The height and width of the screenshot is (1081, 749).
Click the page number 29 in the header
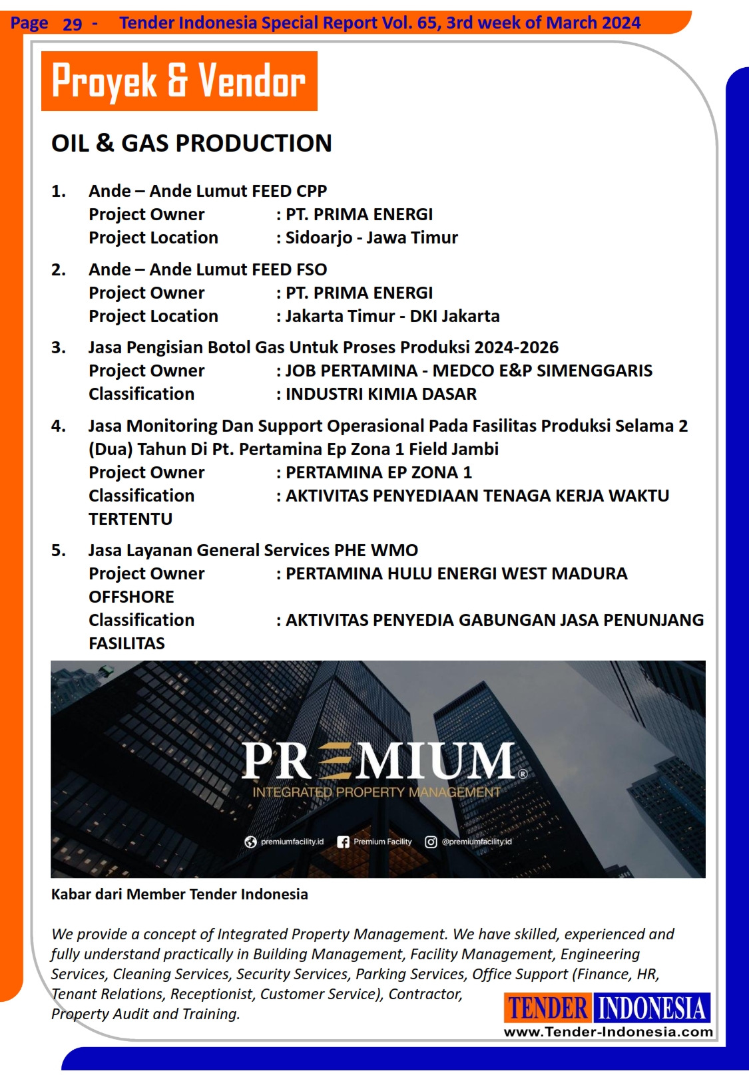click(x=72, y=24)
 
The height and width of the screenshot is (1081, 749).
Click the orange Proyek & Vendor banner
click(x=179, y=81)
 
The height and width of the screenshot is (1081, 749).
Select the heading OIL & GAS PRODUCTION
click(x=191, y=143)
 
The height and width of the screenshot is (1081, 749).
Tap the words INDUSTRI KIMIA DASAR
click(x=381, y=394)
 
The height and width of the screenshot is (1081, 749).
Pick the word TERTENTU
click(x=130, y=519)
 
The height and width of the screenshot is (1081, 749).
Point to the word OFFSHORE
click(x=131, y=597)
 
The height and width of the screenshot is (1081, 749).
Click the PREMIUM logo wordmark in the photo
click(x=378, y=760)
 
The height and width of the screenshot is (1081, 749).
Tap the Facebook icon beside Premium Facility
click(x=343, y=842)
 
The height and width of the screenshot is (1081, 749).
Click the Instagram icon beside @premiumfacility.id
click(x=431, y=842)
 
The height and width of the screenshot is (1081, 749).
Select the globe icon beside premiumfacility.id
click(x=250, y=842)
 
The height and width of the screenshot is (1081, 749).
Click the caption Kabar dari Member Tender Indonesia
click(x=179, y=894)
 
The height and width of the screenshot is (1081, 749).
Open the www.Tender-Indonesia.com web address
click(x=608, y=1032)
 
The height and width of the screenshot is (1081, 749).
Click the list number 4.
click(x=58, y=426)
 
